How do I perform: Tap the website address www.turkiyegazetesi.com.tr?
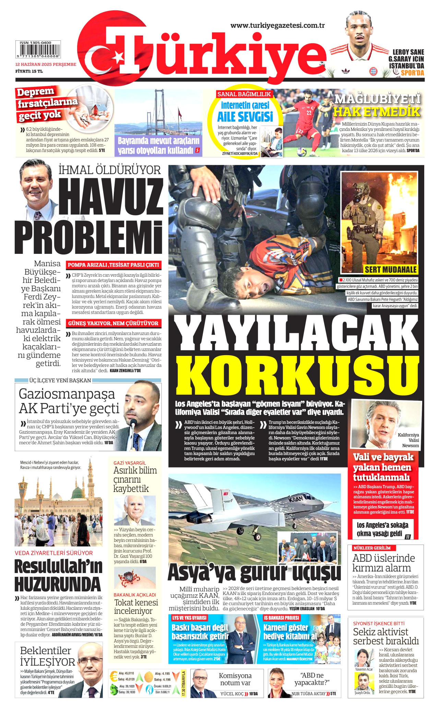click(x=277, y=25)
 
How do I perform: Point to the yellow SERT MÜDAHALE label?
click(x=390, y=269)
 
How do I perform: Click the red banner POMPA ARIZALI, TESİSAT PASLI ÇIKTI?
click(x=113, y=265)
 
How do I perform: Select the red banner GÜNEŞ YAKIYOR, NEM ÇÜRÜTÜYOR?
click(x=113, y=323)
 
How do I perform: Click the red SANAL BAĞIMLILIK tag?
click(x=244, y=94)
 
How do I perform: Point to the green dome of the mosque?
click(x=79, y=494)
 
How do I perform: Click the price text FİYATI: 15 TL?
click(x=29, y=71)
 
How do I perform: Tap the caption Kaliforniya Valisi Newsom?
click(x=408, y=440)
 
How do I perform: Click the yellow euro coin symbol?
click(x=114, y=676)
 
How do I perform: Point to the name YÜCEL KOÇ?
click(x=232, y=694)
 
